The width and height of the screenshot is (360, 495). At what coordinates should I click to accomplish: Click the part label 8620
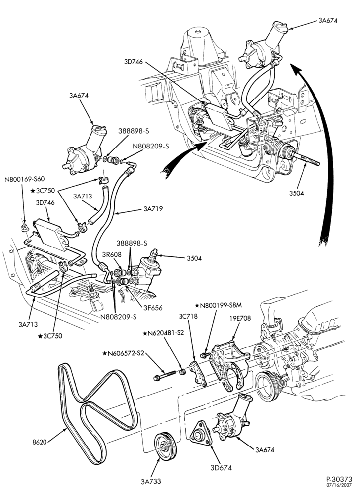(x=40, y=442)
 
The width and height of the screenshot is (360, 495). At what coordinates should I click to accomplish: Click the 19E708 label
(x=240, y=318)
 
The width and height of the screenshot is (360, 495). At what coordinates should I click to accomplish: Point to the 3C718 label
(x=188, y=316)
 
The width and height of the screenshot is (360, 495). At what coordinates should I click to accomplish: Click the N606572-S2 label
(x=123, y=353)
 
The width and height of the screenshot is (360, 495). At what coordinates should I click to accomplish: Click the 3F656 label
(x=153, y=308)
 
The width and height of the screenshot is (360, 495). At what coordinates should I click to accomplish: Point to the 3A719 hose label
(x=153, y=209)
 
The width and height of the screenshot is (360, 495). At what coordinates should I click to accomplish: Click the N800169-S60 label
(x=25, y=179)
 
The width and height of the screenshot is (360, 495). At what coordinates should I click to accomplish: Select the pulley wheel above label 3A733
(x=165, y=447)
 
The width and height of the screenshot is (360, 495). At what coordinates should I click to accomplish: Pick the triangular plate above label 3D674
(x=201, y=433)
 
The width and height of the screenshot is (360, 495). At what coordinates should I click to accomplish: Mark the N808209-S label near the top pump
(x=151, y=146)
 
